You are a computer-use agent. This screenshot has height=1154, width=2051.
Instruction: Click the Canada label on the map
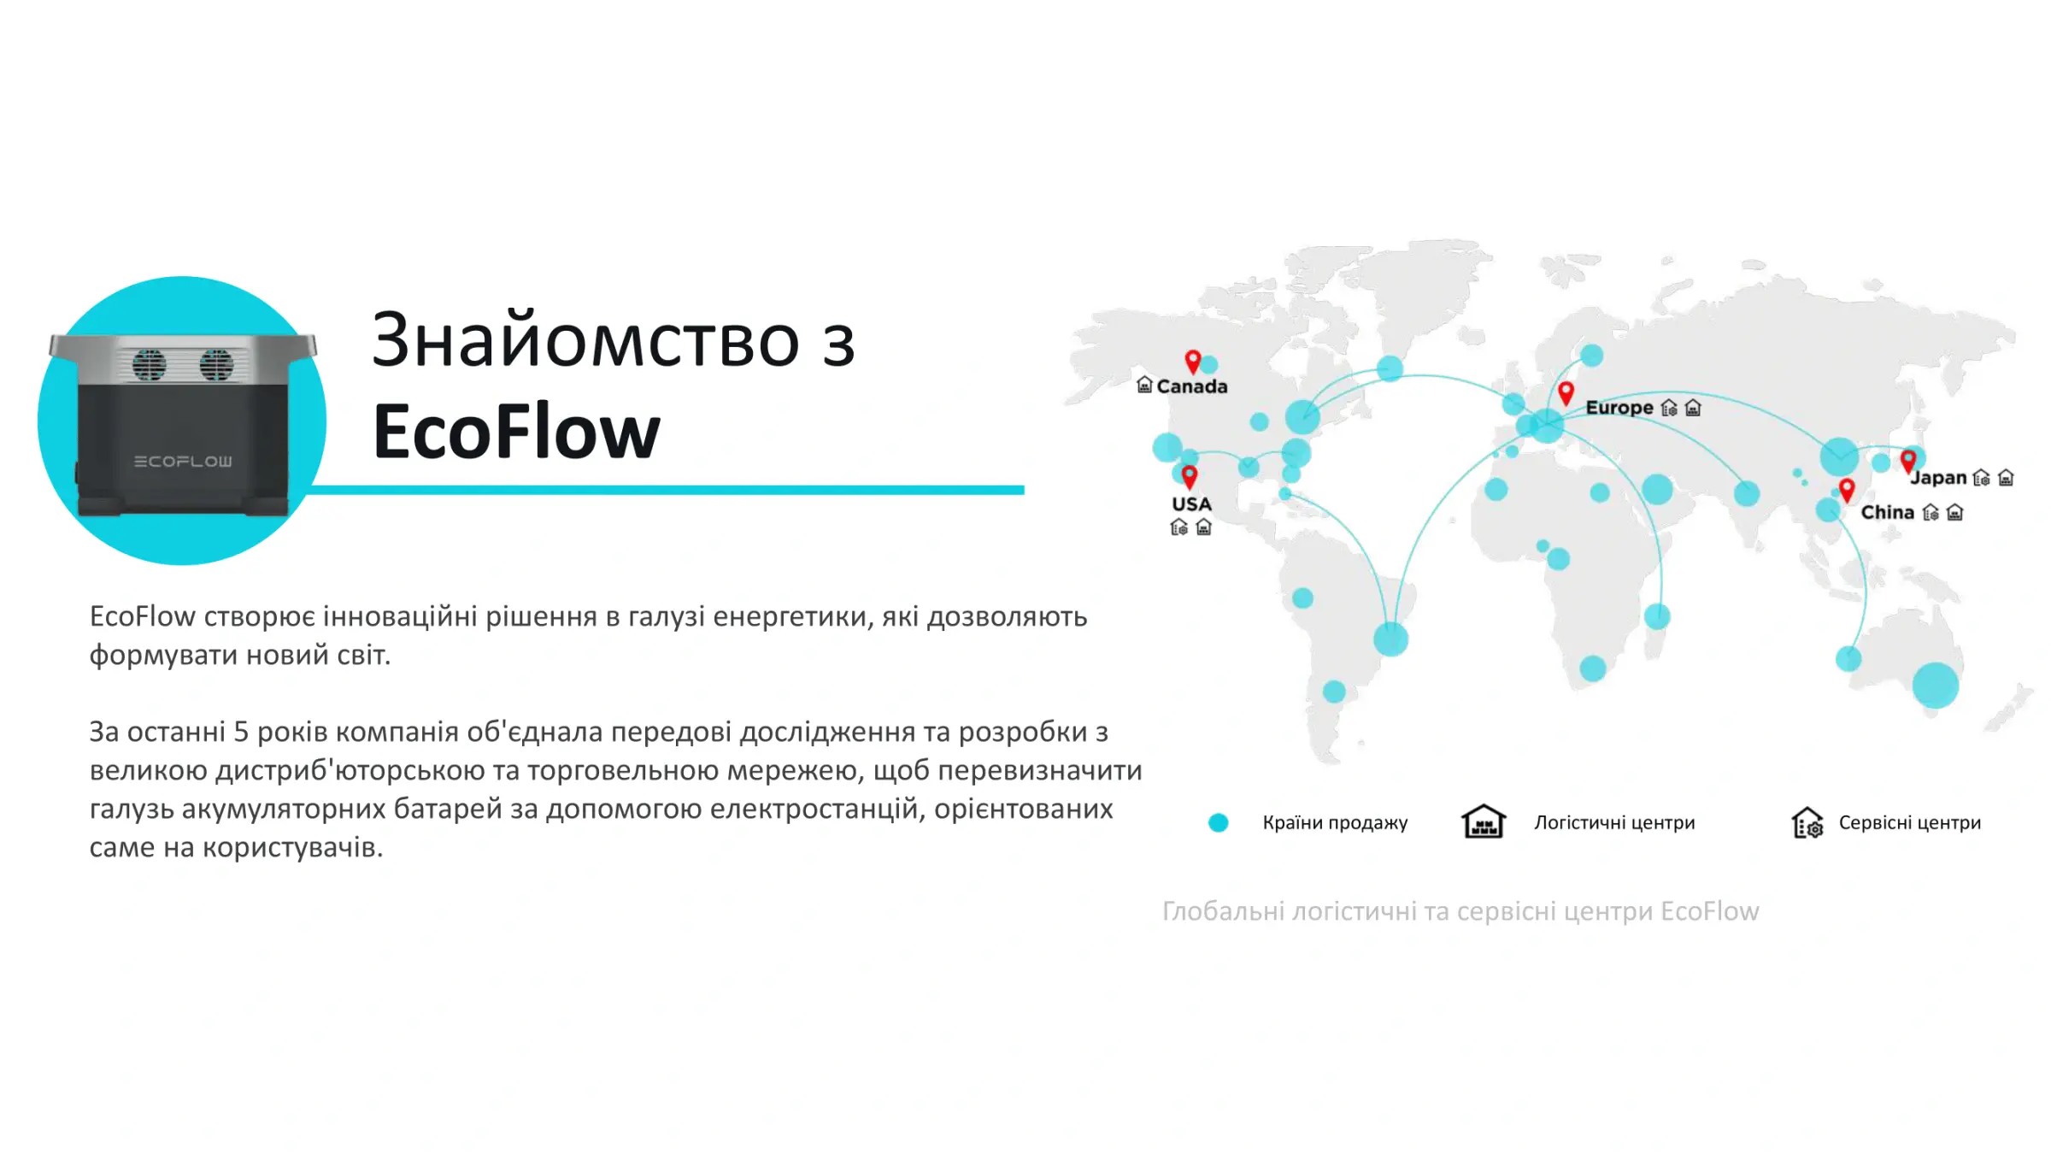click(1191, 386)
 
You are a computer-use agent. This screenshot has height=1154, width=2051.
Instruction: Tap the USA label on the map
click(1191, 504)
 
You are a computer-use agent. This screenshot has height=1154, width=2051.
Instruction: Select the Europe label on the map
click(1619, 408)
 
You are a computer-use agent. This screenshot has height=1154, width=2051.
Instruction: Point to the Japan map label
click(1939, 478)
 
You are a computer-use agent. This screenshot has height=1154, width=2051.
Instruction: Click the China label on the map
click(1887, 513)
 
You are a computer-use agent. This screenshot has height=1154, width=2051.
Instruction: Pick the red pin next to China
click(1847, 491)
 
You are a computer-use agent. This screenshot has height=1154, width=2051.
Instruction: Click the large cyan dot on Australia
click(1935, 685)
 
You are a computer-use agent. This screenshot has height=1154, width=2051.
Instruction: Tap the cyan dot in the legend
click(1218, 822)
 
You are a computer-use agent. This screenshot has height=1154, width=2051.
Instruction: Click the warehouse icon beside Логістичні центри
click(1483, 822)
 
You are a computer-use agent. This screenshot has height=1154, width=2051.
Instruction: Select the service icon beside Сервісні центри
click(1807, 823)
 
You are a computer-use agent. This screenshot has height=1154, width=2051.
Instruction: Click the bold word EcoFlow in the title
click(516, 432)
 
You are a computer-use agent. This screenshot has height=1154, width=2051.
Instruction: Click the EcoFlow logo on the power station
click(183, 462)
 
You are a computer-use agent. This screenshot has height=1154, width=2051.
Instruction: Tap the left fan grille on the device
click(149, 364)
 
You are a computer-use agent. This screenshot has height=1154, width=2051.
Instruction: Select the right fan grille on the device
click(216, 364)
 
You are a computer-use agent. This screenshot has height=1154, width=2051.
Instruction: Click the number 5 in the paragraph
click(241, 733)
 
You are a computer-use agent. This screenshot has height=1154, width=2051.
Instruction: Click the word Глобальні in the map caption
click(1223, 912)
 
